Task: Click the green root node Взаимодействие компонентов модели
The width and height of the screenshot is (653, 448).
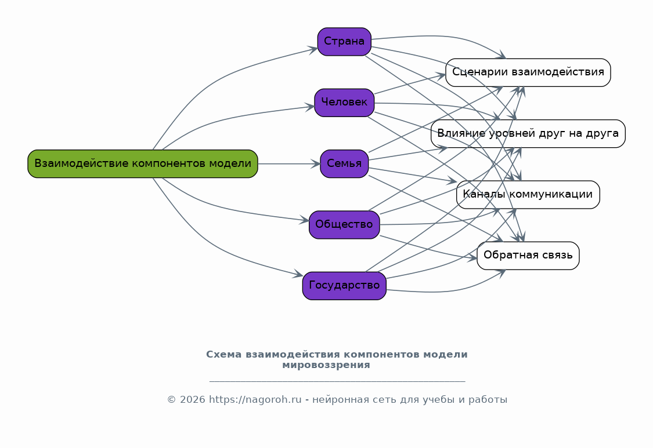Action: pos(142,163)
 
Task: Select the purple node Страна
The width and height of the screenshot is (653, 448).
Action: pos(344,42)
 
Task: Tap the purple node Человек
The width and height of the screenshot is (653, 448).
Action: pos(344,103)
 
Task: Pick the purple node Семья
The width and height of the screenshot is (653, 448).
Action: pos(344,163)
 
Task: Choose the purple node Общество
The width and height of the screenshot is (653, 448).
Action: pos(344,225)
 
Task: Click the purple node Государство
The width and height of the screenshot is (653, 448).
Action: pos(344,286)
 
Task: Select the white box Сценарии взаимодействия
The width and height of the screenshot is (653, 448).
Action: pos(528,72)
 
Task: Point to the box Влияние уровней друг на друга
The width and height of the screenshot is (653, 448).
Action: pos(528,134)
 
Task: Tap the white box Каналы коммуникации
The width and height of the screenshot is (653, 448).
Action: pos(528,195)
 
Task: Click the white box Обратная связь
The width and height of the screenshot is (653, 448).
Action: pos(528,256)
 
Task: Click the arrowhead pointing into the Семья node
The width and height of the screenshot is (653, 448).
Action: pos(315,164)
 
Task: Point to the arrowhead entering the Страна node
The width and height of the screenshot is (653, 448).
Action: pos(313,49)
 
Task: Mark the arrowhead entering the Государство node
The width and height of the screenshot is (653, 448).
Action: pos(298,275)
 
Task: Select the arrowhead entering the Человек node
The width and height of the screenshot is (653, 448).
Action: pos(310,107)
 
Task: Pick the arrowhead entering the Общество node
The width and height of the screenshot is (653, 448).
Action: pos(304,220)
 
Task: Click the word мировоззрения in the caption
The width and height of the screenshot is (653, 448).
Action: pos(326,365)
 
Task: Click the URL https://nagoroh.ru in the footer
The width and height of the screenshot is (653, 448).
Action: pos(255,400)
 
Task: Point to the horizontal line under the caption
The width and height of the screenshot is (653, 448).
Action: pos(337,381)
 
